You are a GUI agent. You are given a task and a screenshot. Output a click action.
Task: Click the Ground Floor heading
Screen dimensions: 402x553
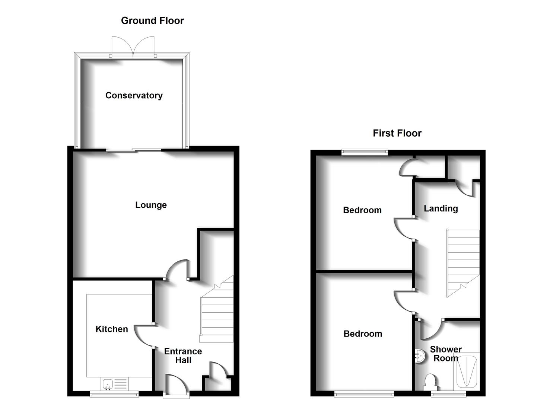152,21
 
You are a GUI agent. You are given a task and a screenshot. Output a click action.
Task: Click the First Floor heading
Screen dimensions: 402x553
397,133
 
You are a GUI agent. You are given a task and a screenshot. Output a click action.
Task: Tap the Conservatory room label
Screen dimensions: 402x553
134,96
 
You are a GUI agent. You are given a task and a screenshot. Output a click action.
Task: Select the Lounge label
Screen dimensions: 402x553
151,205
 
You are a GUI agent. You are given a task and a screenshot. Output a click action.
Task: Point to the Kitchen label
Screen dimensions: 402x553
112,329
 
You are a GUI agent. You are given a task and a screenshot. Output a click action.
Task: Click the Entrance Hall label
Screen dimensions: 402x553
183,356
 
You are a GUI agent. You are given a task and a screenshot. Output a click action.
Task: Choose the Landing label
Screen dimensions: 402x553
441,208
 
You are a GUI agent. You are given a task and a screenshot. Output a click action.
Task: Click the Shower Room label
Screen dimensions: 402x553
446,354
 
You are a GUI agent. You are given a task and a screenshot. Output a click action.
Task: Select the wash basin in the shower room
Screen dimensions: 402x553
419,356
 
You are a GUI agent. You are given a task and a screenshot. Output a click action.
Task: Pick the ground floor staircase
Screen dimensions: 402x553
217,313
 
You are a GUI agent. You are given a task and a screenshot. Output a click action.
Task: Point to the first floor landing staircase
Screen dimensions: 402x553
463,261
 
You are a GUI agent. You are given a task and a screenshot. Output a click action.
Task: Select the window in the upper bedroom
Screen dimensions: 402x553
365,152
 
